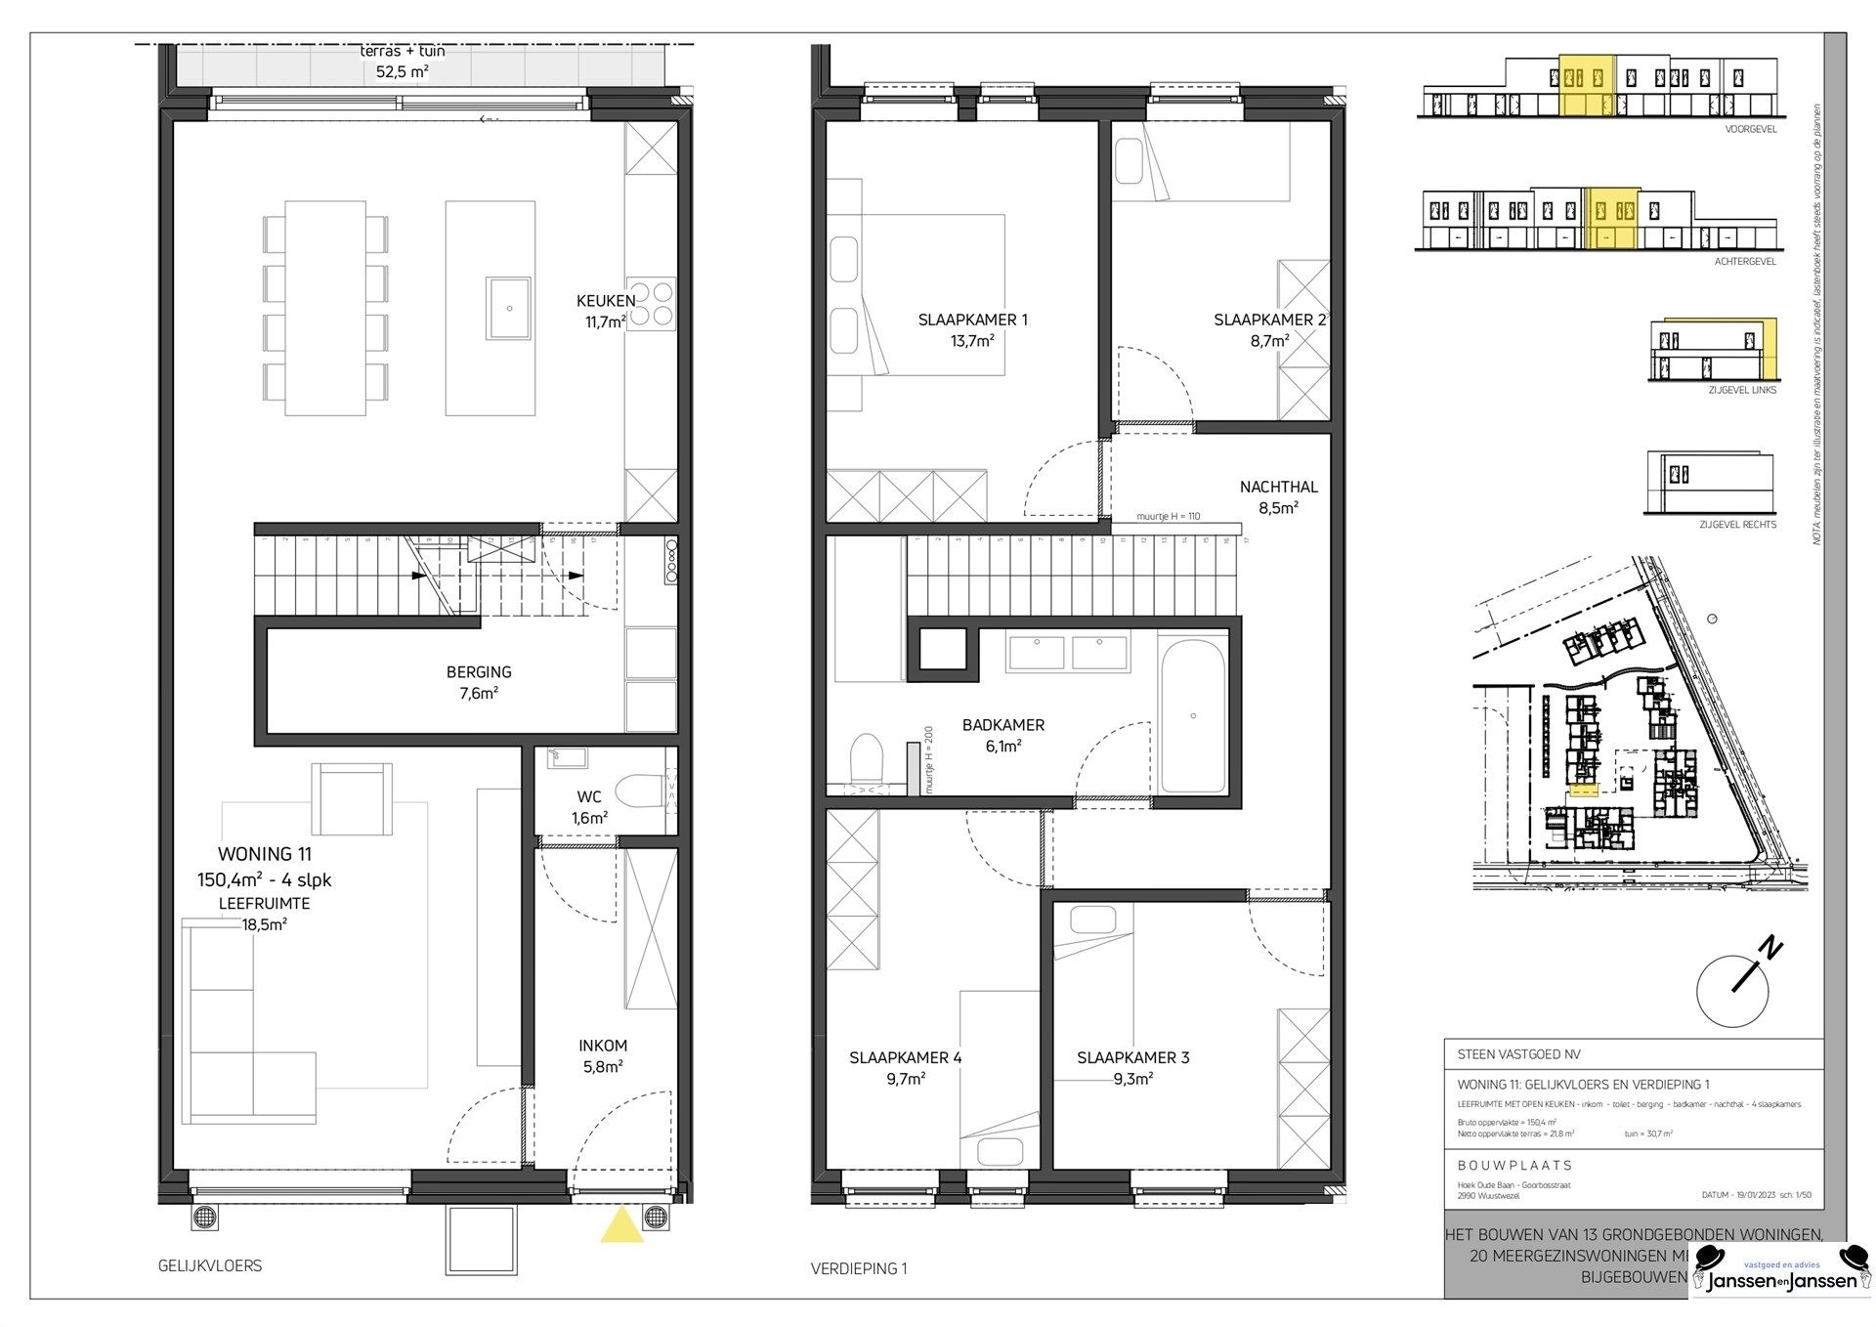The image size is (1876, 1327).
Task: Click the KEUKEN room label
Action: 606,302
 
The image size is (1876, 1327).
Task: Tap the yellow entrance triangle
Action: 621,1225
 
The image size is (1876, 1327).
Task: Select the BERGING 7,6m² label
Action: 479,682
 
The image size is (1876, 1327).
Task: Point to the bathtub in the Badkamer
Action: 1192,716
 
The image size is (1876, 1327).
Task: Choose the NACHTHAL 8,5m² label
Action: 1278,496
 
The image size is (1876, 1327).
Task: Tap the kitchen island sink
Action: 508,308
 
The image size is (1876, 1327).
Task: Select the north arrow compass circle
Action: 1732,991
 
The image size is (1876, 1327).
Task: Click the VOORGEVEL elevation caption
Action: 1751,129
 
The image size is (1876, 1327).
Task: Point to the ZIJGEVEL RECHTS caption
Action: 1737,525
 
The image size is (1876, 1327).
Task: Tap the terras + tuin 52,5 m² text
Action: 403,61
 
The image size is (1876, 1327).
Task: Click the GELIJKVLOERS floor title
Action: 210,1265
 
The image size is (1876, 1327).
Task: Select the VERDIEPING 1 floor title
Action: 859,1268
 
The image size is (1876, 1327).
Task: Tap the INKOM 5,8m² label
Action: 603,1055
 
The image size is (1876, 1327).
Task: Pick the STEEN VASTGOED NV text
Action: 1518,1054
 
